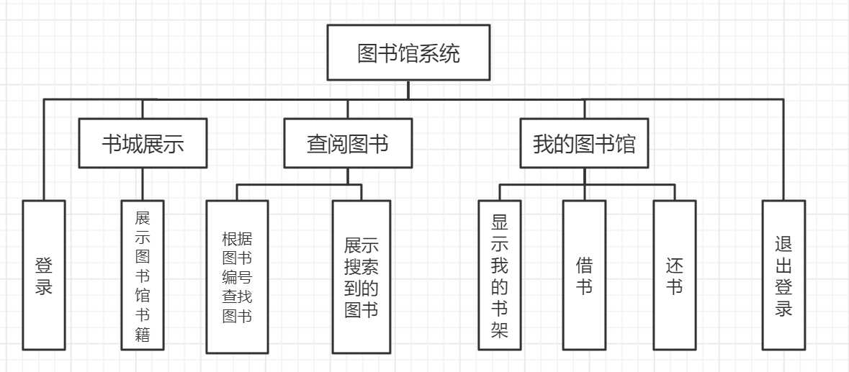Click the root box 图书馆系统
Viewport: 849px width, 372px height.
click(408, 53)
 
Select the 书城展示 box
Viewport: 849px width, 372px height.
click(143, 144)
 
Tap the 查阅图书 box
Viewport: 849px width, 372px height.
click(348, 144)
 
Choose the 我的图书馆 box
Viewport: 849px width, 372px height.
click(584, 144)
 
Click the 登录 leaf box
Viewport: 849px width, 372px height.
click(43, 276)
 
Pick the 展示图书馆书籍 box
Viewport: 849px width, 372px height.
click(143, 276)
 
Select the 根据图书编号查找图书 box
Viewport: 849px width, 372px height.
click(237, 276)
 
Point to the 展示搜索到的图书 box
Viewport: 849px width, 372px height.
click(361, 276)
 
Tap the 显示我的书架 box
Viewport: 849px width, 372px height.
click(500, 276)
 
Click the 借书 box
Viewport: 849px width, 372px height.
click(584, 276)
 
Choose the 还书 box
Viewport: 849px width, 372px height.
click(675, 276)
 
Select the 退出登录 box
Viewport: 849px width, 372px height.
click(783, 276)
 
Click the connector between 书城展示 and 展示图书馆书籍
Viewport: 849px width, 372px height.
click(143, 184)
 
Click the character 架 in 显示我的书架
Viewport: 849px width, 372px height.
click(500, 330)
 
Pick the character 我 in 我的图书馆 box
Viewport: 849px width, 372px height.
click(544, 144)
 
